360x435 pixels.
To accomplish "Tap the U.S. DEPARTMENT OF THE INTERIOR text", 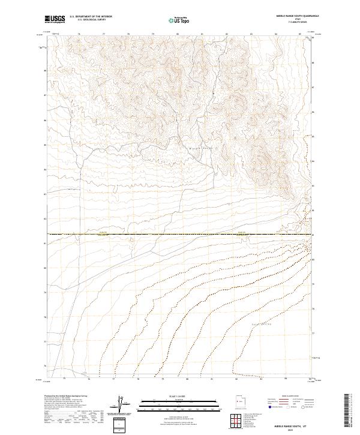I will click(91, 17).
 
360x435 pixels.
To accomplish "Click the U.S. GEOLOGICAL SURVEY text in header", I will click(91, 20).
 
